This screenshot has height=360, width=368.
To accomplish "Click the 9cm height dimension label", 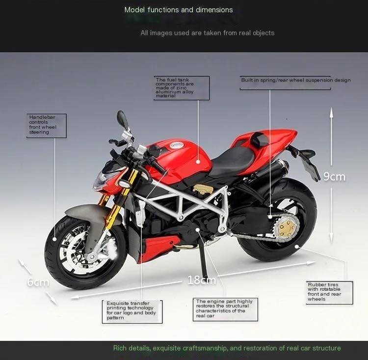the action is (x=335, y=176).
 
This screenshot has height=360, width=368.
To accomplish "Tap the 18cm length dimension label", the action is (x=202, y=280).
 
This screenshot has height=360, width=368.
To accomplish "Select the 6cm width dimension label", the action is (x=38, y=282).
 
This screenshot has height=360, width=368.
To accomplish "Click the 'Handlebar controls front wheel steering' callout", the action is (x=47, y=126).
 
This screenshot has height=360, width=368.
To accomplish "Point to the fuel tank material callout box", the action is (x=182, y=88).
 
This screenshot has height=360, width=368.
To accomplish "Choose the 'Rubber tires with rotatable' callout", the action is (x=329, y=293).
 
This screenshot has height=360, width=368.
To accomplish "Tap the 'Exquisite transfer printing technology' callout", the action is (x=132, y=311).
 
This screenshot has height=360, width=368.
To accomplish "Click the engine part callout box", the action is (x=225, y=309).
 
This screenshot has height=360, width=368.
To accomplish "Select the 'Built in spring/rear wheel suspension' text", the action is (x=296, y=80).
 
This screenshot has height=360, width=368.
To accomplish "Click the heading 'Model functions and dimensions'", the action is (x=179, y=10).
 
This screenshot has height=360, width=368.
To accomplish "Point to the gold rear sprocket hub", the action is (x=286, y=227).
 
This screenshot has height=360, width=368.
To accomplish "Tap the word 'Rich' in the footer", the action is (x=119, y=348).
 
